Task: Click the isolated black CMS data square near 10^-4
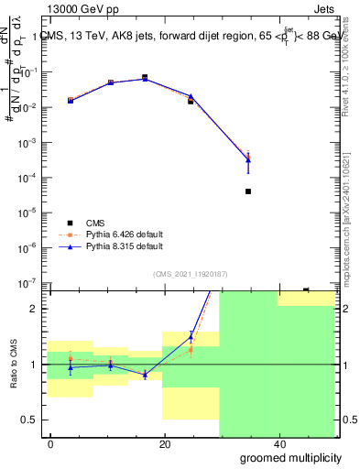tap(248, 191)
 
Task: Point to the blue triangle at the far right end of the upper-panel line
tap(248, 160)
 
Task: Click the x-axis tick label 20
tap(165, 444)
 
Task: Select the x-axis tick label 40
tap(278, 444)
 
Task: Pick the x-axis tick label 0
tap(51, 444)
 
